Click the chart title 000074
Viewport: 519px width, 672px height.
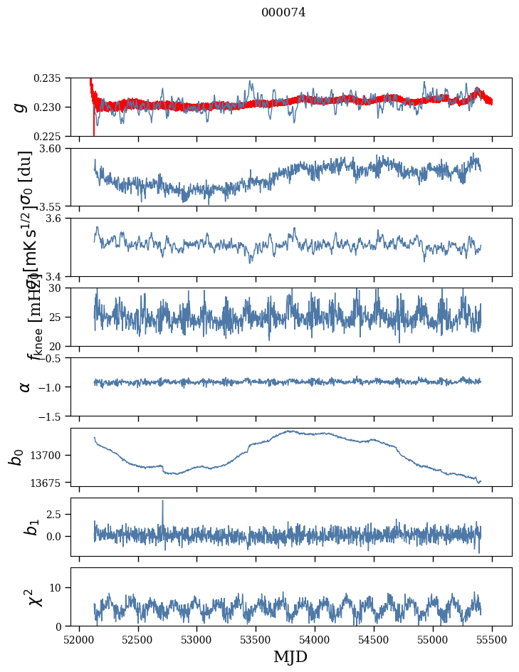click(283, 12)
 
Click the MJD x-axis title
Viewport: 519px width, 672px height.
click(290, 657)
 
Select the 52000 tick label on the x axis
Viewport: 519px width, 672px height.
click(79, 639)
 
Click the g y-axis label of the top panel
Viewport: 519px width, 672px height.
click(21, 107)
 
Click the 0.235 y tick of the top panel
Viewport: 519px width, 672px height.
click(53, 78)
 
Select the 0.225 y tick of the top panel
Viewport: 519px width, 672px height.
click(53, 136)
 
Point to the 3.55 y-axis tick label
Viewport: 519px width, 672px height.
click(56, 206)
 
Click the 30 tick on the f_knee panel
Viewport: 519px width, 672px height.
click(61, 288)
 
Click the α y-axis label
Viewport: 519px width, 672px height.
click(24, 387)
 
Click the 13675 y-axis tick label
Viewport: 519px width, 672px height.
click(51, 483)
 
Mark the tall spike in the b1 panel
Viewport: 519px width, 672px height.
click(162, 501)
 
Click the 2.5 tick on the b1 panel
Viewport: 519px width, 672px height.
click(58, 513)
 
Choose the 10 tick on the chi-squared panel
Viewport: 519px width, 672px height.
click(61, 587)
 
